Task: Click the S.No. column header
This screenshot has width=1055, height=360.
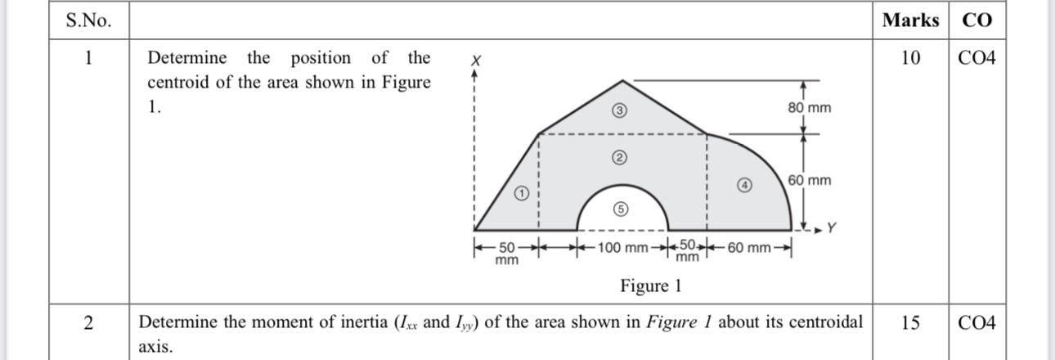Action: (88, 21)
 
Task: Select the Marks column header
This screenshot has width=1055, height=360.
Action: (910, 20)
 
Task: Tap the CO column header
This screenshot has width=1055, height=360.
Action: (976, 20)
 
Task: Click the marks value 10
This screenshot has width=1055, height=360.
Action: (910, 58)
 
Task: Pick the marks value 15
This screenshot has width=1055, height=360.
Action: (910, 322)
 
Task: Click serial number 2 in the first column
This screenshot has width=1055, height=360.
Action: (88, 322)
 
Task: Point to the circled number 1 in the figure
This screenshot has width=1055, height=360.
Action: (521, 194)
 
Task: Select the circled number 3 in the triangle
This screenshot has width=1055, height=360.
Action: (620, 112)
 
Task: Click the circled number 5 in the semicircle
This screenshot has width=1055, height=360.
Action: (621, 209)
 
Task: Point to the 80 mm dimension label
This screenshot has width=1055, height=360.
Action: (809, 108)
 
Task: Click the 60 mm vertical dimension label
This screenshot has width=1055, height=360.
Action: (809, 180)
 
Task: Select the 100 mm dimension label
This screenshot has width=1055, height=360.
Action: (622, 247)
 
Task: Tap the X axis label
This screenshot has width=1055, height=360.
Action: (475, 61)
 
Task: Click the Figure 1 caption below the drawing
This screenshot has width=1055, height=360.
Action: (650, 286)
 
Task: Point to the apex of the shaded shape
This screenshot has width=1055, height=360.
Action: (623, 81)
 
